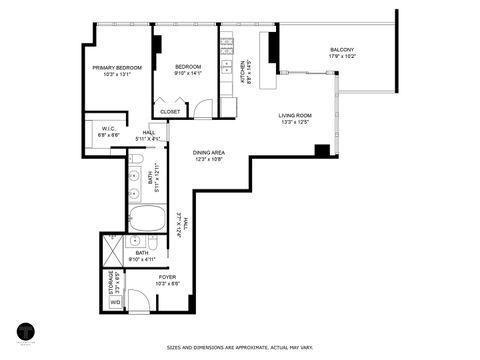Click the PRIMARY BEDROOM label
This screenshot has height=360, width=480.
pos(117,67)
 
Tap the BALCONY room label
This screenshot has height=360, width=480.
pos(342,50)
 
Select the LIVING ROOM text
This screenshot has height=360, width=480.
pos(295,116)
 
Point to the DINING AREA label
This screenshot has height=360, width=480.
pos(207,152)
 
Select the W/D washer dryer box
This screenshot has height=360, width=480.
pos(114,301)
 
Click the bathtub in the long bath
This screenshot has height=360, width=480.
pos(153,217)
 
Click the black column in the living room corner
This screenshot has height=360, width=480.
pos(322,151)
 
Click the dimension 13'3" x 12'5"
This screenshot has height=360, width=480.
pos(295,123)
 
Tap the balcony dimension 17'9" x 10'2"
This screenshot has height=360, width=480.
pos(342,57)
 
